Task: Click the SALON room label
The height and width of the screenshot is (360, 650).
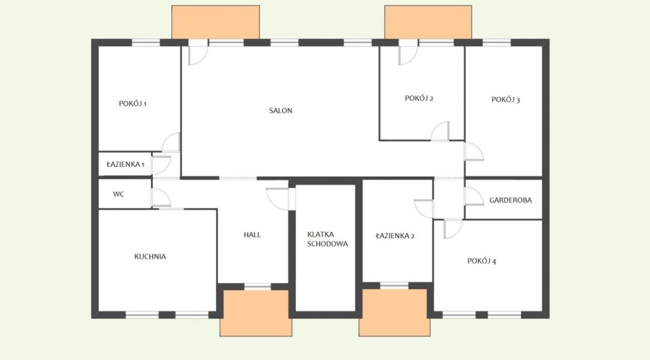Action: [x=281, y=111]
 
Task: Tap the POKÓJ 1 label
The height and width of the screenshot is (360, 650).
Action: [x=133, y=104]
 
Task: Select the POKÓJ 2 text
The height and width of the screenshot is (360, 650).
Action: [x=419, y=98]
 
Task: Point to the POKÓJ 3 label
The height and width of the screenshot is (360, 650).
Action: [x=506, y=99]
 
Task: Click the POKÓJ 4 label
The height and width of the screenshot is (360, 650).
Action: [x=482, y=261]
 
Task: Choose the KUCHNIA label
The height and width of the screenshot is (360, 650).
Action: [x=150, y=257]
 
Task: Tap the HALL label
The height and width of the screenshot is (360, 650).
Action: [x=252, y=235]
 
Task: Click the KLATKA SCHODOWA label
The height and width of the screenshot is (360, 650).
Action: [x=327, y=239]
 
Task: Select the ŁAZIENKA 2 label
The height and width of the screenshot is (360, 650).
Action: [x=395, y=236]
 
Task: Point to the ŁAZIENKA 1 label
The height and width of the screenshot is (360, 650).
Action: [x=125, y=164]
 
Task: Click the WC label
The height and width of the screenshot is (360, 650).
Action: [x=118, y=194]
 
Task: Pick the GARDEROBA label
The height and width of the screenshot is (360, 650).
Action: [x=511, y=201]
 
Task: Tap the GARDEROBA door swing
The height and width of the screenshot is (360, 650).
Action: [x=474, y=196]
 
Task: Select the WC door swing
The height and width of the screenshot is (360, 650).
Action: [x=161, y=197]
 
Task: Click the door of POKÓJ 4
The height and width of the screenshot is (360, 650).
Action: [x=453, y=228]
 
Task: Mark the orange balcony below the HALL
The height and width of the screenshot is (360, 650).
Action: [x=256, y=313]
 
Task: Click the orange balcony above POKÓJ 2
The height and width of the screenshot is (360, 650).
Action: [x=428, y=22]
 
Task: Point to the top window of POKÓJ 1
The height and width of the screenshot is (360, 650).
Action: [x=146, y=42]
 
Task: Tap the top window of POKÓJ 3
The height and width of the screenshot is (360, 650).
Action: [x=497, y=42]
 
